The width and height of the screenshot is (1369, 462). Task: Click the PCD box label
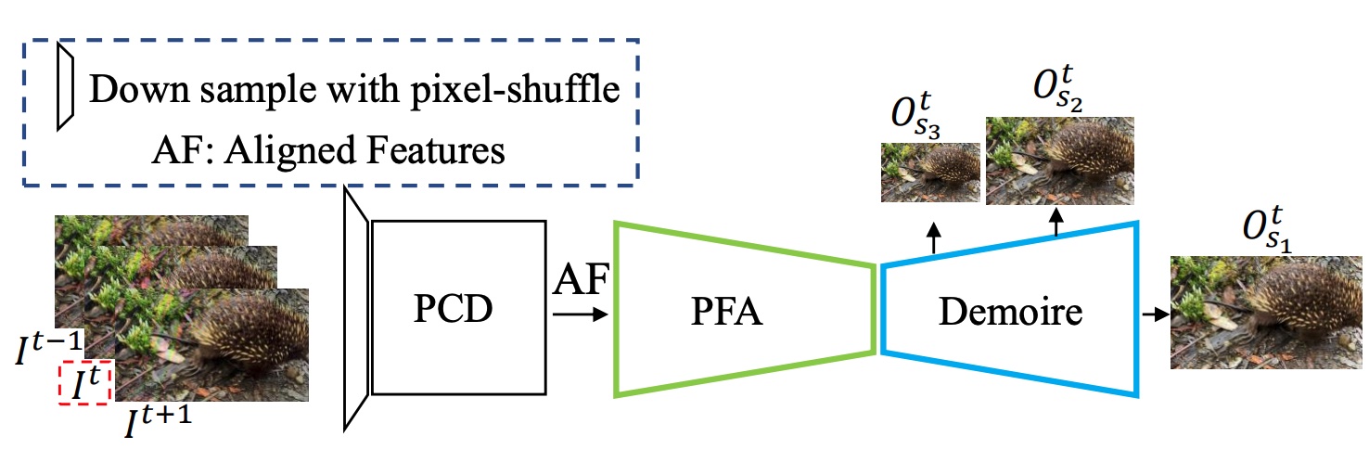[x=453, y=308]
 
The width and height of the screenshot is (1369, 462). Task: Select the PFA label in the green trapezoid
[x=726, y=312]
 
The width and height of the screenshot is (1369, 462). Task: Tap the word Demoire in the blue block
[x=1010, y=312]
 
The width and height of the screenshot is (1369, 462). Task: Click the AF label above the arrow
[x=581, y=279]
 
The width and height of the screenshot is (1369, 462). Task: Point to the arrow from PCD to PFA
[x=580, y=314]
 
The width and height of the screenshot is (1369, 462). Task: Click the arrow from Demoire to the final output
[x=1155, y=314]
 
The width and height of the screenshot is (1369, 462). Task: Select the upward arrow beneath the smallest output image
[x=933, y=237]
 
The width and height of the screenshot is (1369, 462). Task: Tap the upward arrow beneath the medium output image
[x=1056, y=222]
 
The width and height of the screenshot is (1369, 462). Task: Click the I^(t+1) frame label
[x=158, y=420]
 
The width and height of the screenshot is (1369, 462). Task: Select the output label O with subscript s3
[x=915, y=115]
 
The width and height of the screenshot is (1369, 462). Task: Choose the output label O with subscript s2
[x=1057, y=90]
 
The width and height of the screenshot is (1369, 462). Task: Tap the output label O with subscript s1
[x=1267, y=230]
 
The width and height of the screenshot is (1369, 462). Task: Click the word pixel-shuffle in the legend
[x=515, y=90]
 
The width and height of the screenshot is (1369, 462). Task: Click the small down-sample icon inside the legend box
[x=66, y=85]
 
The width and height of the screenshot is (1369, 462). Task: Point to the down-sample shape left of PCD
[x=356, y=309]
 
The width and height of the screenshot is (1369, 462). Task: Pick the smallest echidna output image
[x=930, y=173]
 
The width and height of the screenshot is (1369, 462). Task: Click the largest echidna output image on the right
[x=1266, y=313]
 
